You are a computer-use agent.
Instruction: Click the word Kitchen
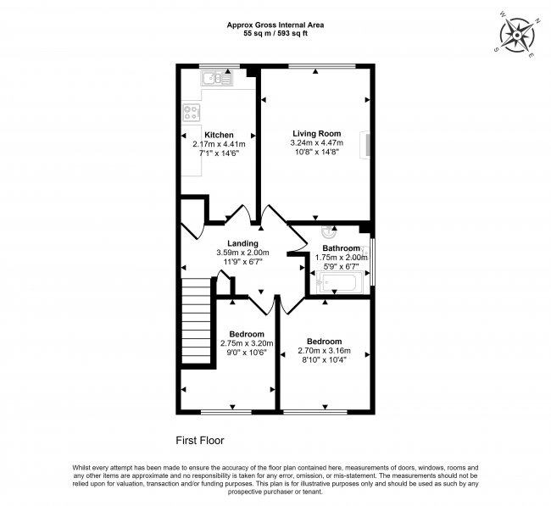tap(219, 135)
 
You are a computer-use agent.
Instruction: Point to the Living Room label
tap(316, 134)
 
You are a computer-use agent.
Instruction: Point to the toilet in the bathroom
tap(329, 231)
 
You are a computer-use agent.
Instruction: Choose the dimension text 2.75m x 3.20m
tap(242, 343)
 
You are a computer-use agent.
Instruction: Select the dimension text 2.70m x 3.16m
tap(326, 351)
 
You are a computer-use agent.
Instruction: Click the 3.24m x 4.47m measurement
tap(316, 143)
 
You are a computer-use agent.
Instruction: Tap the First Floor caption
tap(199, 440)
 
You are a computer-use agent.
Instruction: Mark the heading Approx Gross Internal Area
tap(275, 25)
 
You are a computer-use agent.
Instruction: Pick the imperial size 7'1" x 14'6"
tap(219, 153)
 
